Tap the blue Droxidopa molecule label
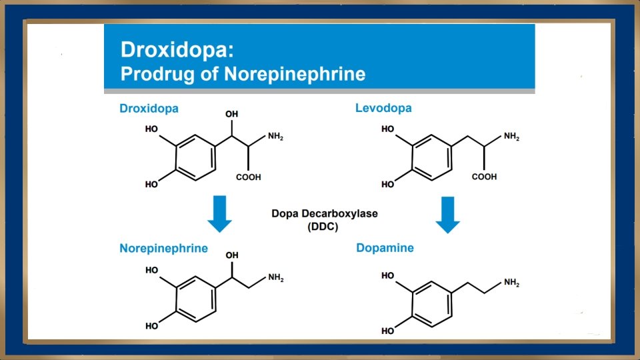click(x=149, y=108)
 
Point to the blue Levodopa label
click(x=383, y=108)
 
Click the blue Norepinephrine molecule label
click(x=163, y=249)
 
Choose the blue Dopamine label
click(x=385, y=248)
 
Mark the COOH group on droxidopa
click(x=248, y=177)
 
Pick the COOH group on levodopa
click(x=484, y=177)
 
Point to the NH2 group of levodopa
click(x=511, y=137)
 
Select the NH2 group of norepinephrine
click(x=275, y=278)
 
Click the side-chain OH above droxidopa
click(x=232, y=115)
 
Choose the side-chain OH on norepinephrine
click(x=232, y=255)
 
